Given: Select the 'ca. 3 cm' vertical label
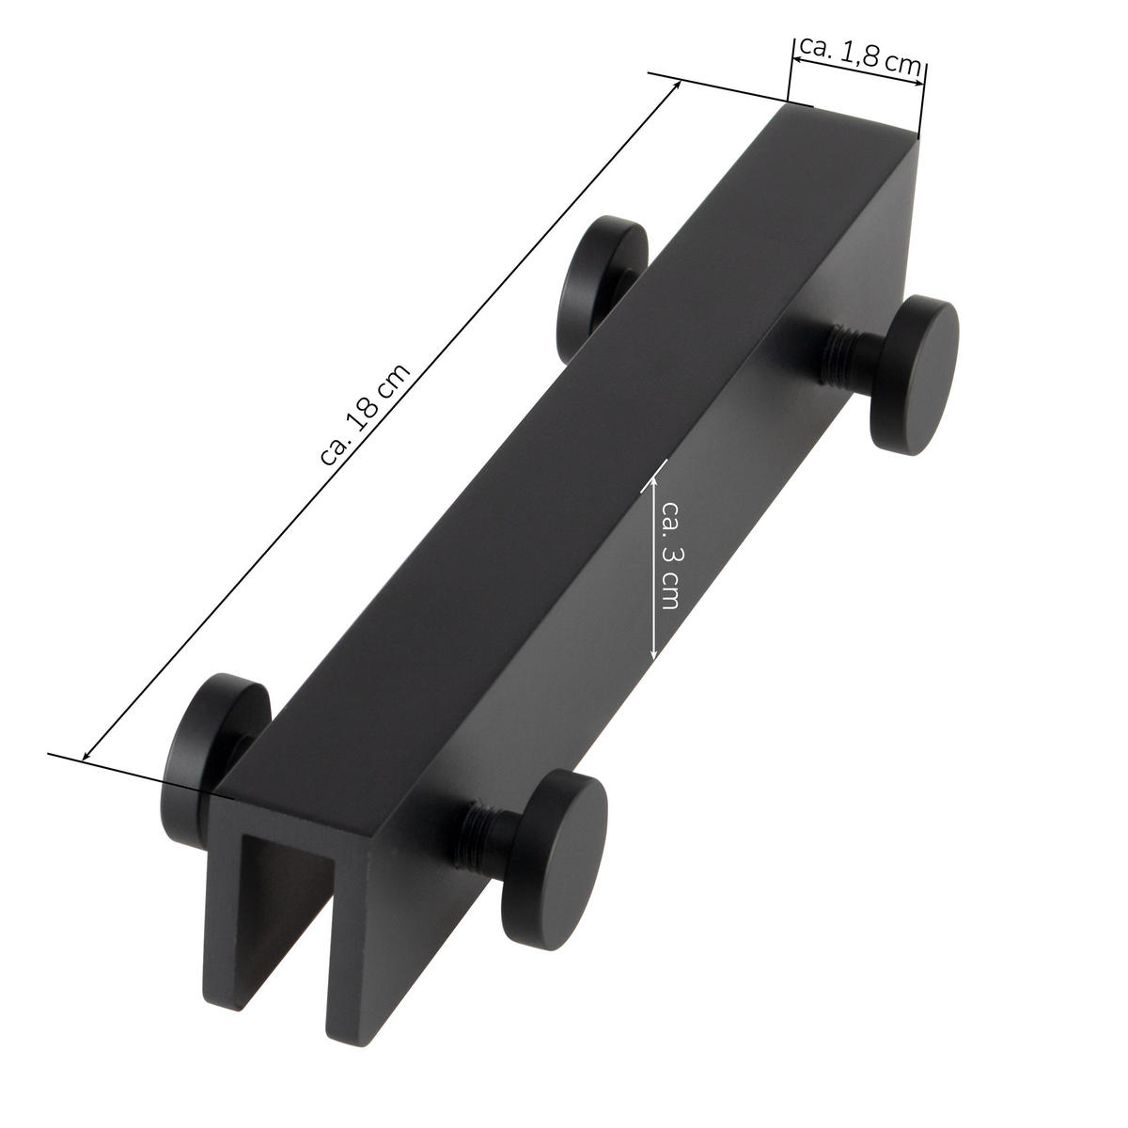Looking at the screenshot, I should (669, 555).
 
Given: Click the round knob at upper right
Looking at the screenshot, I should (913, 375).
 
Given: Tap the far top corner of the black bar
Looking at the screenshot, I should (788, 105).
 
